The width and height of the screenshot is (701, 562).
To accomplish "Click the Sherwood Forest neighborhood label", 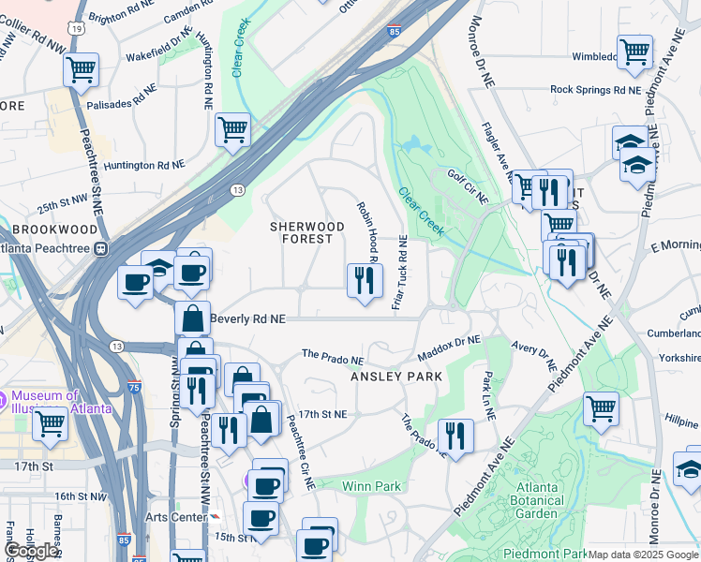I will click(301, 232).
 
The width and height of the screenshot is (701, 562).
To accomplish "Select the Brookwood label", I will click(54, 229).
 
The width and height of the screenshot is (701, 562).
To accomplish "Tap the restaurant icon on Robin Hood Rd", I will click(364, 280).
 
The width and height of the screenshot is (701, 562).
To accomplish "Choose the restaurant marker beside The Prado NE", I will click(455, 436).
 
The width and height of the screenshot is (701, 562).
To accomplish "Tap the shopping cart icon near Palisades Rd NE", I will click(82, 69).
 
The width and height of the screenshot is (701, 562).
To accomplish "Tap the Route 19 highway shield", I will click(84, 28).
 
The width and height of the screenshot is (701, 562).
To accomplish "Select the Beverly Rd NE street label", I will click(247, 318).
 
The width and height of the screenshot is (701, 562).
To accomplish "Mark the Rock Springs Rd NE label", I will click(595, 90).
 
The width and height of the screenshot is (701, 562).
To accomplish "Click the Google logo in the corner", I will click(33, 551).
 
